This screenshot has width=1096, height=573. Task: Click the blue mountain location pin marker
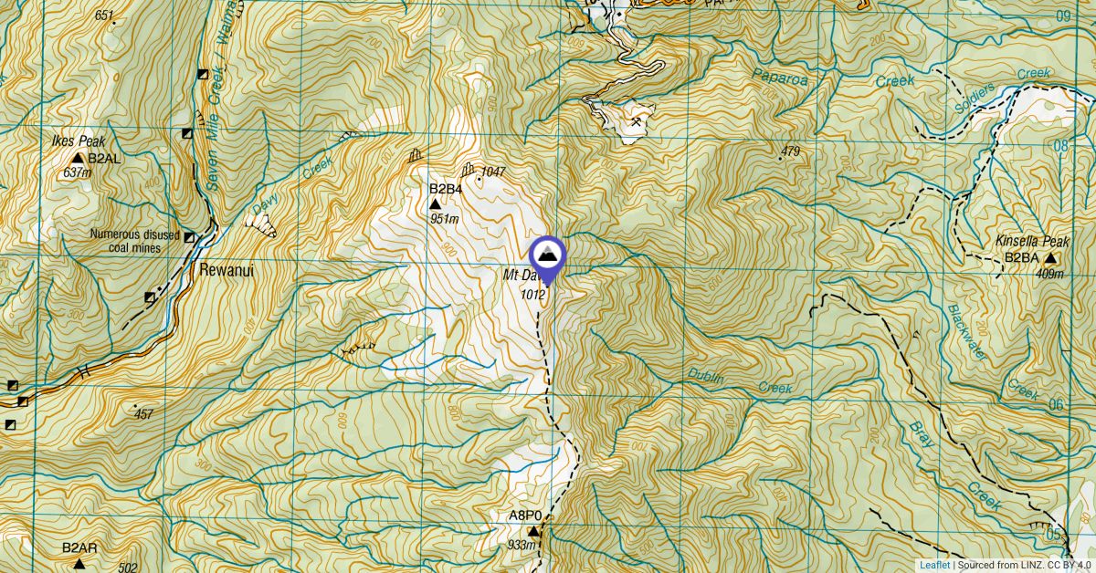pos(548,255)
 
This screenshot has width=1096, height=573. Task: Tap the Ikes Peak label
pos(79,141)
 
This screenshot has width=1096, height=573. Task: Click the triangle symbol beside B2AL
pos(78,158)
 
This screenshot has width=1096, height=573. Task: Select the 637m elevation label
pos(79,172)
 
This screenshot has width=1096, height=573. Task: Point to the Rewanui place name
pos(224,271)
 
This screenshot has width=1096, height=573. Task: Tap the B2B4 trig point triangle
pos(436,204)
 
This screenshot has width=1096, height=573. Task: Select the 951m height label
pos(445,219)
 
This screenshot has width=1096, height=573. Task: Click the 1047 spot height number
pos(493,172)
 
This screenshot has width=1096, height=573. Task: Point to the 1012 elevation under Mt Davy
pos(533,294)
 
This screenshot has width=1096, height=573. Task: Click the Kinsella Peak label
pos(1032,242)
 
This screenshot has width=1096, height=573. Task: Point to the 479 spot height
pos(791,151)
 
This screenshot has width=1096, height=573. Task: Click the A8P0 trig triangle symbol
pos(532,530)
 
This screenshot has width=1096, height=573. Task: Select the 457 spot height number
pos(142,414)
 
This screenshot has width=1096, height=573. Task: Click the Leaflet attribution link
pos(935,565)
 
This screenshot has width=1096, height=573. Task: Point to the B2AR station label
pos(79,548)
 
